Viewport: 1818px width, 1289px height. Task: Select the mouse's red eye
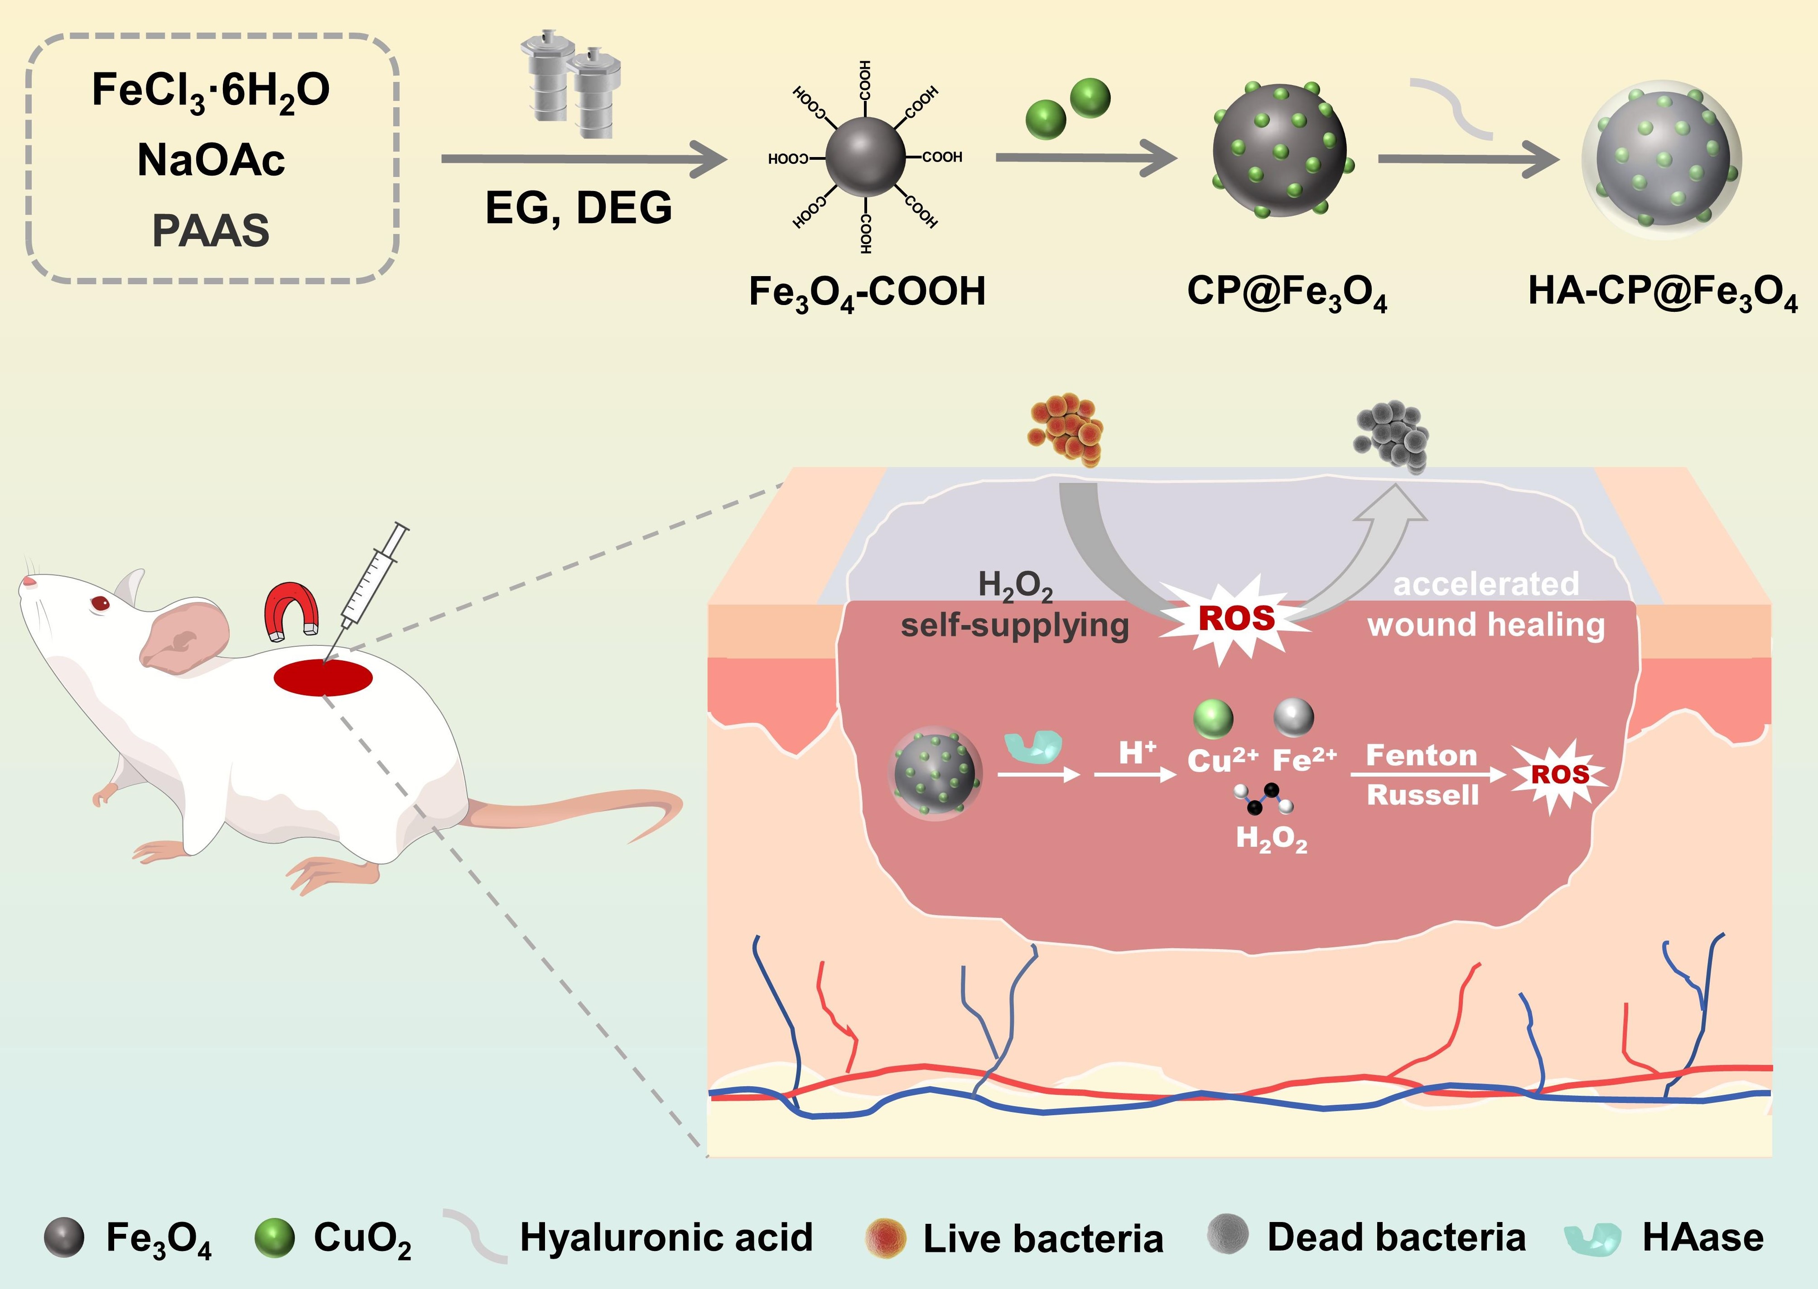coord(100,604)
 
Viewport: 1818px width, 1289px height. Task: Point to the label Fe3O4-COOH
coord(867,292)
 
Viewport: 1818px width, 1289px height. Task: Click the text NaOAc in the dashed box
coord(211,160)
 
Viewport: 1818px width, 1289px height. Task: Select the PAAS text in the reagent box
coord(211,230)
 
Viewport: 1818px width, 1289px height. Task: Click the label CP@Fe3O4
coord(1287,292)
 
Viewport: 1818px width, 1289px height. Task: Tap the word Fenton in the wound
coord(1422,756)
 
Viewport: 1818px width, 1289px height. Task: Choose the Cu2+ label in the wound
coord(1221,760)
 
